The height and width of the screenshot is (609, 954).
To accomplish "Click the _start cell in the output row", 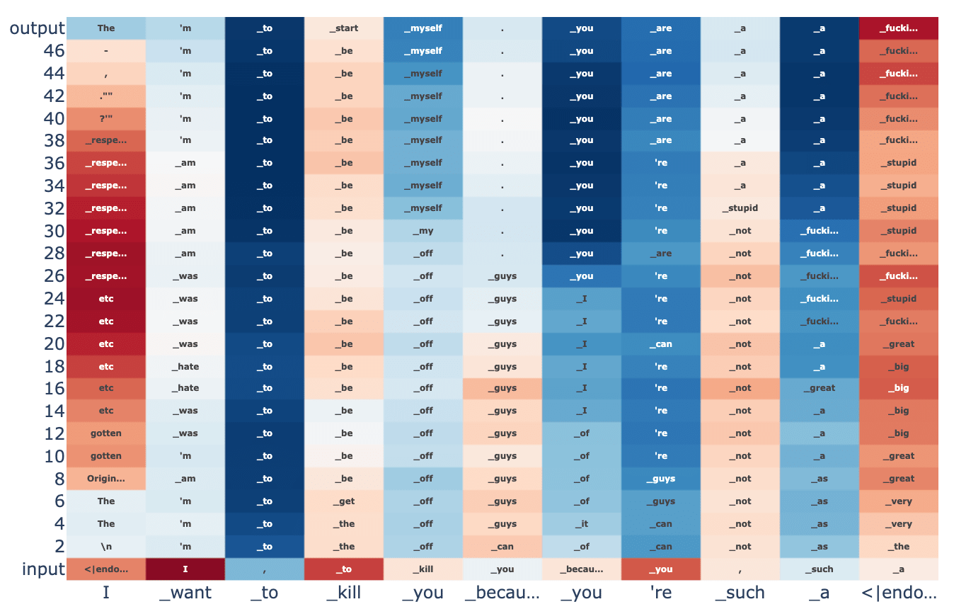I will [344, 28].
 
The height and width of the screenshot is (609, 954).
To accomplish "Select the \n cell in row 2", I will [106, 547].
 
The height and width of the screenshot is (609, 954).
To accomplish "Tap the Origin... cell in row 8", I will [106, 479].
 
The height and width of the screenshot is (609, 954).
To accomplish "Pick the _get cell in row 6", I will [344, 501].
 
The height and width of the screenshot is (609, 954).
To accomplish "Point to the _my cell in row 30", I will [423, 231].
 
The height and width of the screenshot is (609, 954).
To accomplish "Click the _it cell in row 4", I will [582, 524].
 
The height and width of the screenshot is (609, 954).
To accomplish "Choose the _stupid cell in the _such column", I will [740, 208].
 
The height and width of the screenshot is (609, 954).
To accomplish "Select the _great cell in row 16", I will [820, 388].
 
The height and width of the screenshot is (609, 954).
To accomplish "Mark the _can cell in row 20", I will [661, 344].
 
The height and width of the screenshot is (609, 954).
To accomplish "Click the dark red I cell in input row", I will [185, 569].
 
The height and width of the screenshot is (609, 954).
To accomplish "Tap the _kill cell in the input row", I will [423, 569].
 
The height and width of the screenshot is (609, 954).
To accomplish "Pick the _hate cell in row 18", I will [185, 367].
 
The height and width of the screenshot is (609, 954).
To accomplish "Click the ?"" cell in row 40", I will [106, 118].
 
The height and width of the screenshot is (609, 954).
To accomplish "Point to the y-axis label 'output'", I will [37, 28].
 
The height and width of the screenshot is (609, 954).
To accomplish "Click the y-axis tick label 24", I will [54, 299].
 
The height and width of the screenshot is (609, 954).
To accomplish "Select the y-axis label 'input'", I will [42, 569].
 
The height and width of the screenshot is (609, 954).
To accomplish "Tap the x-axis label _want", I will [185, 593].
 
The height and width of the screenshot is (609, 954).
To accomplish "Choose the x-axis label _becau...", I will [502, 593].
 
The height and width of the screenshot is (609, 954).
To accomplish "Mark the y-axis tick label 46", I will [54, 51].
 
